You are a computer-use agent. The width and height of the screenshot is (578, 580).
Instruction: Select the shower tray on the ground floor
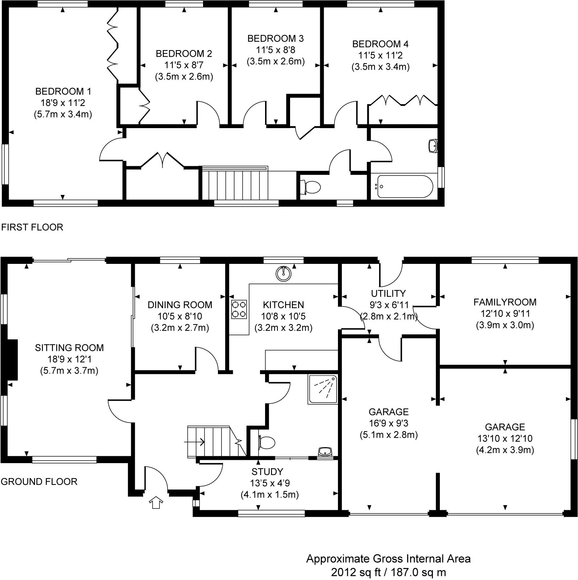tap(323, 389)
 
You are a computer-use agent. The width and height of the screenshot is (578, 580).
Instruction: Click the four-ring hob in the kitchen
tap(239, 309)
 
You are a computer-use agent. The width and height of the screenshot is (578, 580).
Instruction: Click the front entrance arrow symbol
tap(156, 503)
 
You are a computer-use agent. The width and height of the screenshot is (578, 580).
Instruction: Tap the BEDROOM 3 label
tap(276, 38)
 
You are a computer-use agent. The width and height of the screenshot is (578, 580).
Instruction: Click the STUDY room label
tap(267, 472)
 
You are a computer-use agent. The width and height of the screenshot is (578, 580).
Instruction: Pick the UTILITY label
tap(388, 293)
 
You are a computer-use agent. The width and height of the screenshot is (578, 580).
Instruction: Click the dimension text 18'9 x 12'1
tap(69, 359)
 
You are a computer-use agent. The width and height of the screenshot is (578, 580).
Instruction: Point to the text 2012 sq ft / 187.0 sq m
tap(388, 572)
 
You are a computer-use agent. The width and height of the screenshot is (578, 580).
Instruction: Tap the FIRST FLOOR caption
tap(32, 227)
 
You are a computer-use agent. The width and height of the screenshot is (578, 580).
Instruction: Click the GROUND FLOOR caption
tap(39, 482)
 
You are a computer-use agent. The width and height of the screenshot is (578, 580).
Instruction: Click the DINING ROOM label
tap(180, 305)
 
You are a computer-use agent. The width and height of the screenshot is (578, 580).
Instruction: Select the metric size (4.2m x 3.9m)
tap(505, 450)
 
